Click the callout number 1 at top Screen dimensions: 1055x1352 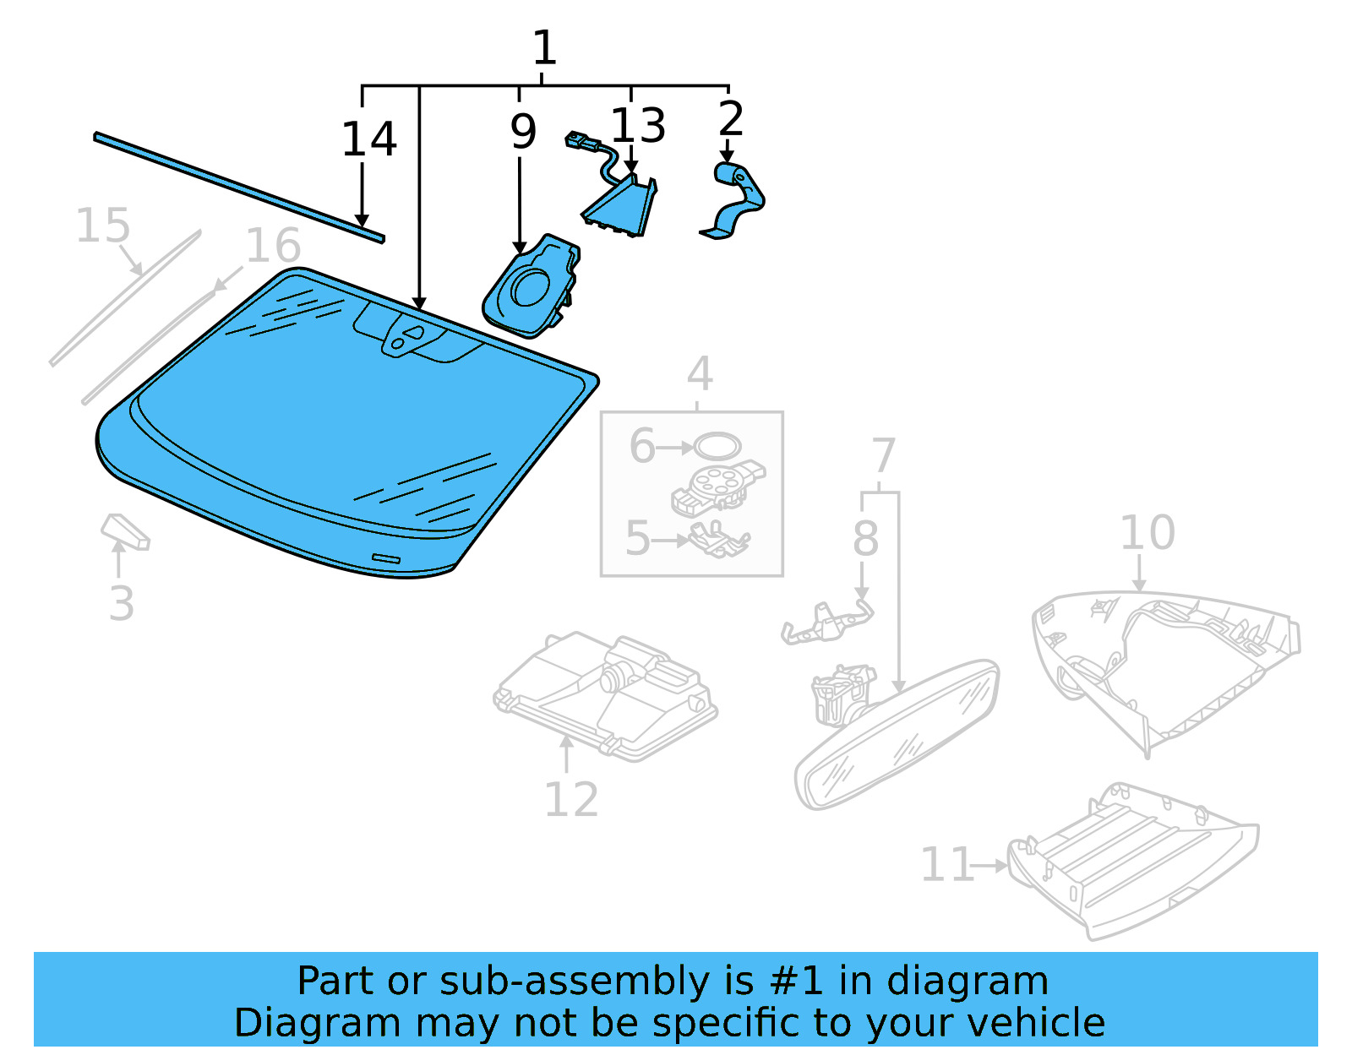click(544, 48)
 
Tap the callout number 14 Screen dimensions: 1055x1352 click(368, 139)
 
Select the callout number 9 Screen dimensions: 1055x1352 click(523, 132)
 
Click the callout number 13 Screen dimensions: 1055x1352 click(638, 126)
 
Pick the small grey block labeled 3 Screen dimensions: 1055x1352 click(125, 531)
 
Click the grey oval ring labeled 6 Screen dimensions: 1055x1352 click(717, 446)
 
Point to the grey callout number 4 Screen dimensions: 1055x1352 click(699, 373)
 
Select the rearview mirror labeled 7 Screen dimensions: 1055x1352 click(896, 735)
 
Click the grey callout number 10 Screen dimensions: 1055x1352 click(1147, 533)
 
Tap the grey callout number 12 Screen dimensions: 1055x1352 click(571, 799)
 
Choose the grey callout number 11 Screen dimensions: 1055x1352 click(946, 865)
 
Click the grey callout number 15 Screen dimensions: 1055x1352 click(103, 226)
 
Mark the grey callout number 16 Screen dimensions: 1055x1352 click(272, 246)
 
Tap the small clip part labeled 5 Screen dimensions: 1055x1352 click(717, 540)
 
